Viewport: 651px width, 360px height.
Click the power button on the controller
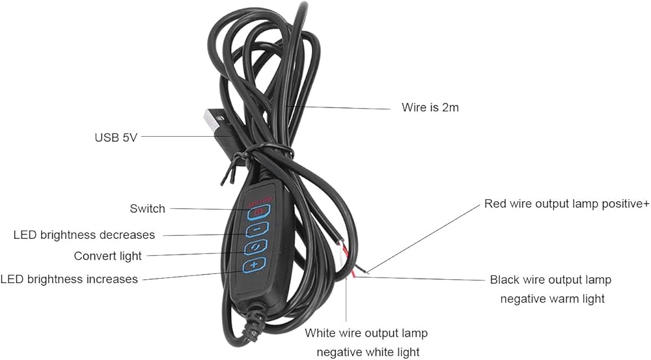(259, 212)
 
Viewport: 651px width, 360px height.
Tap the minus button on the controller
(256, 229)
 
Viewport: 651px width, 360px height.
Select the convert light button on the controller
(255, 247)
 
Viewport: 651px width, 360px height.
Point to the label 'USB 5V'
(116, 137)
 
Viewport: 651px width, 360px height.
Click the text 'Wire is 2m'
(430, 107)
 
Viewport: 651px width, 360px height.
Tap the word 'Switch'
(147, 208)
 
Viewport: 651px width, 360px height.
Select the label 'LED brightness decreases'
(84, 235)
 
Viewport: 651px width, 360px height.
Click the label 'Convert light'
(108, 256)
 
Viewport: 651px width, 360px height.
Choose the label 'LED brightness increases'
(69, 279)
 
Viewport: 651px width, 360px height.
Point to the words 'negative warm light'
(553, 299)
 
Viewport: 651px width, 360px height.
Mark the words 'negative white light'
(368, 353)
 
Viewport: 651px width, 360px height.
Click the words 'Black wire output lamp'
(551, 280)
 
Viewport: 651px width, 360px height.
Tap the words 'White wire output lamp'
(366, 333)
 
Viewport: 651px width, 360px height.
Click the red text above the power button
(260, 202)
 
